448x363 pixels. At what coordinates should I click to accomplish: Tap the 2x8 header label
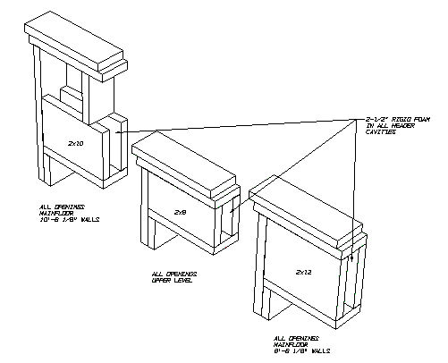tap(180, 213)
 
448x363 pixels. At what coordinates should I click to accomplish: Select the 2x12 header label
tap(303, 269)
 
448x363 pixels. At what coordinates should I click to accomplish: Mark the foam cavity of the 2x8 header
tap(231, 215)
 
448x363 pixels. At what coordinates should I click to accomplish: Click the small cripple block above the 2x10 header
tap(72, 92)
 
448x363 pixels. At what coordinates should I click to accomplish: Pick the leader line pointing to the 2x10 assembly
tap(241, 125)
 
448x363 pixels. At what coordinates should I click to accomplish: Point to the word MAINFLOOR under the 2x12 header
tap(292, 345)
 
